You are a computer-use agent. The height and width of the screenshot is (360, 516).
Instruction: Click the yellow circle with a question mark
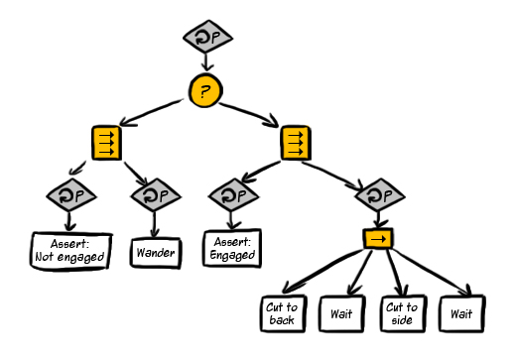click(x=205, y=90)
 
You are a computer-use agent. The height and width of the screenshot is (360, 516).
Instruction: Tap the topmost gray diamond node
click(x=207, y=37)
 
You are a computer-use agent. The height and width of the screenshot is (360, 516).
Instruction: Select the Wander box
click(x=156, y=253)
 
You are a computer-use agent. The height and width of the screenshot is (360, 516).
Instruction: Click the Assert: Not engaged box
click(x=70, y=251)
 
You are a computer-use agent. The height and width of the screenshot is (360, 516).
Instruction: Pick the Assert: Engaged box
click(x=232, y=248)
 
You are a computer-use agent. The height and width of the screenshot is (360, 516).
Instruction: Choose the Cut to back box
click(x=283, y=313)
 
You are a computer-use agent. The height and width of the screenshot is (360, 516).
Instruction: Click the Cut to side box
click(x=403, y=313)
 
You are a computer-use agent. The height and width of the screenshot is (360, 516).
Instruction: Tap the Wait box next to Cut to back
click(x=342, y=313)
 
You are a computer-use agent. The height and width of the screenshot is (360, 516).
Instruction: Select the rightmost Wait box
click(x=462, y=313)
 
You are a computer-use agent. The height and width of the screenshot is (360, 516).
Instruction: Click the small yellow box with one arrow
click(x=378, y=238)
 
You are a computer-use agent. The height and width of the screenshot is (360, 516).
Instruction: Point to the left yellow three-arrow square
click(x=106, y=143)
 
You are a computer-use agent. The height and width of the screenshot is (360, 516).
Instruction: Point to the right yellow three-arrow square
click(x=296, y=143)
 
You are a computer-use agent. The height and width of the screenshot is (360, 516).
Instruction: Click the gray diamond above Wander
click(x=156, y=195)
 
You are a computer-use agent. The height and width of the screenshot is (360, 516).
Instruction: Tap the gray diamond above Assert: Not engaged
click(x=71, y=195)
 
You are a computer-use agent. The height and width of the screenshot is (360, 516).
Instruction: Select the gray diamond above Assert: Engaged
click(x=233, y=195)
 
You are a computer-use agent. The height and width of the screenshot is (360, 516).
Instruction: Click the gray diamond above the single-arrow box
click(x=380, y=195)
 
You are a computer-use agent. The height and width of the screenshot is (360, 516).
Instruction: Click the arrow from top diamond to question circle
click(x=207, y=61)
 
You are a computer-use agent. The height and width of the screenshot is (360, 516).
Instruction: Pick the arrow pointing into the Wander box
click(x=154, y=224)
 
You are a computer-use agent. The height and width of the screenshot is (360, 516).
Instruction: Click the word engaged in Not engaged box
click(x=80, y=257)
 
